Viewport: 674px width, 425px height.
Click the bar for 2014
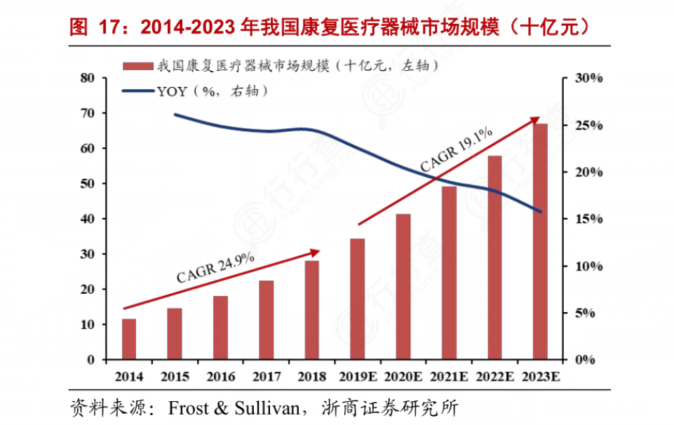[129, 339]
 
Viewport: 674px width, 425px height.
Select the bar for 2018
[312, 310]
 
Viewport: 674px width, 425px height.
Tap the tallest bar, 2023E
[541, 242]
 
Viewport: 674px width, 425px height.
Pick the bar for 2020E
[403, 287]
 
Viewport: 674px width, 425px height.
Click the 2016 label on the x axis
[220, 377]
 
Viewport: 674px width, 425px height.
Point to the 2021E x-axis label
[450, 377]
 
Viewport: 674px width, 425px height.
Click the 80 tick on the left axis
[88, 78]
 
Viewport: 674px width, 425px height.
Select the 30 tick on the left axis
[88, 254]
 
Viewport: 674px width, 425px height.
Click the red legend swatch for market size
[137, 67]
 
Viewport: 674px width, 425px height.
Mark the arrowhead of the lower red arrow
[317, 250]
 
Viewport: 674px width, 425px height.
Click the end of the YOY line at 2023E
[541, 211]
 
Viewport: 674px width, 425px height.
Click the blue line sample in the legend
[137, 90]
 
